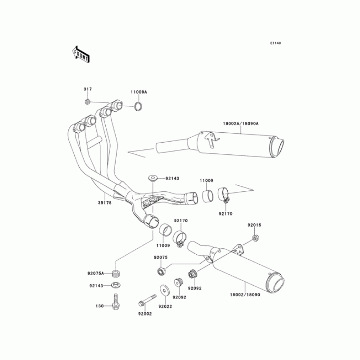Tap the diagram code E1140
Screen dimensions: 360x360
(x=275, y=43)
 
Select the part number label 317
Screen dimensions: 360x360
(x=87, y=89)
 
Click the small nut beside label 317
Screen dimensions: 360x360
(x=88, y=102)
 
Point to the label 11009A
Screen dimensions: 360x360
(x=139, y=92)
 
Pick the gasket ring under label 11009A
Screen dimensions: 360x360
(x=139, y=107)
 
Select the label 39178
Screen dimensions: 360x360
(x=105, y=203)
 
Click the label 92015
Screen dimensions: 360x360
(x=254, y=225)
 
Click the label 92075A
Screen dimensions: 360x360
(x=96, y=273)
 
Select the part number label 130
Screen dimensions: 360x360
(x=100, y=306)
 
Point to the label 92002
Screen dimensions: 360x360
(x=145, y=314)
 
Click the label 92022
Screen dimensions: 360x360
(x=165, y=306)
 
